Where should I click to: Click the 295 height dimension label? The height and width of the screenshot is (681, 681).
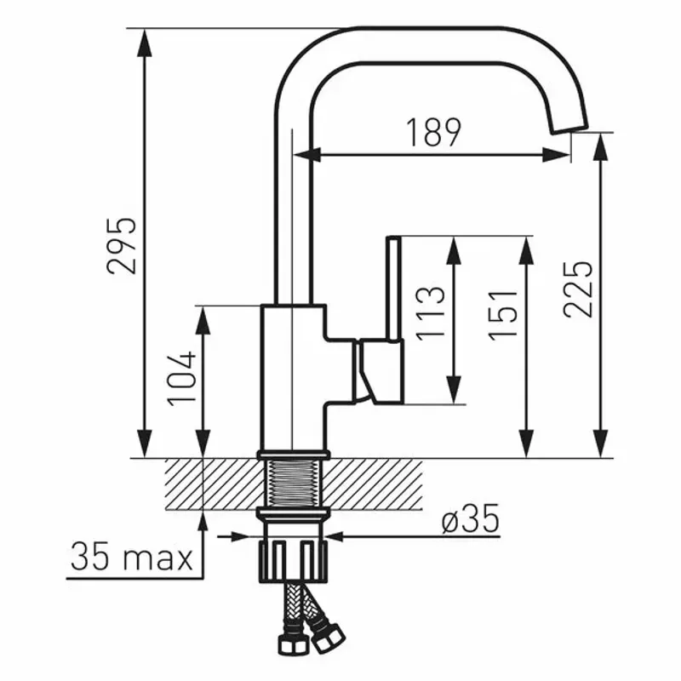(122, 246)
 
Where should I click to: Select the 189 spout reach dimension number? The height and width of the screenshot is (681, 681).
(433, 133)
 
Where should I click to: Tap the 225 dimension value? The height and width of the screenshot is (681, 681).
(577, 289)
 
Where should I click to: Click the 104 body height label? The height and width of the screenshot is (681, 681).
(182, 378)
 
